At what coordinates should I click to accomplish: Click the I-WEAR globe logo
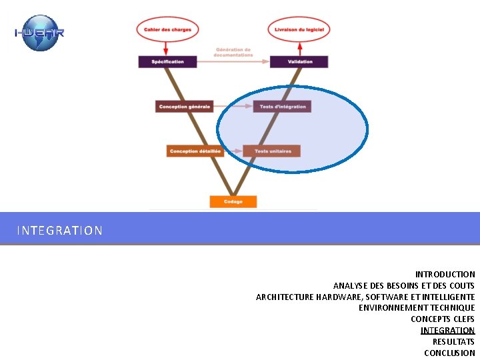39,33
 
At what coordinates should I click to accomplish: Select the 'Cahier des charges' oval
167,29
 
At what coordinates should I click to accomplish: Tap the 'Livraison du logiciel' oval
299,29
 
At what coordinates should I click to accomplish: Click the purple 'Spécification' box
168,61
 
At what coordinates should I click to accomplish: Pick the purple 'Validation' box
299,61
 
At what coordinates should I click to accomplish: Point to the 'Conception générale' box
185,106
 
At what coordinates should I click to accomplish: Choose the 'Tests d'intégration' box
283,106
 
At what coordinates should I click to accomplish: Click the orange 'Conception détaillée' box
195,151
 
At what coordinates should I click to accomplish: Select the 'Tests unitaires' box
272,151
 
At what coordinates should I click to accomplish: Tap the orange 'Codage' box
233,201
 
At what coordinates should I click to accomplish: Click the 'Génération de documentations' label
233,51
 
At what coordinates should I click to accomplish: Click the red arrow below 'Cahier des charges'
166,47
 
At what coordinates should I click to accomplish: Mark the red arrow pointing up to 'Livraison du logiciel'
299,47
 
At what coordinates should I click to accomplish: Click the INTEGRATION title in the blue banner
60,231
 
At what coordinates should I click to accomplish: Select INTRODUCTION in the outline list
445,274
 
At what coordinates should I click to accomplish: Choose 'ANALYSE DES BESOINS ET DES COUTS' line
404,285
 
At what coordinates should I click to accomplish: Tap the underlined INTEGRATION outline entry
447,330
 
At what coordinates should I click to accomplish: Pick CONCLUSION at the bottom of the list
449,353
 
